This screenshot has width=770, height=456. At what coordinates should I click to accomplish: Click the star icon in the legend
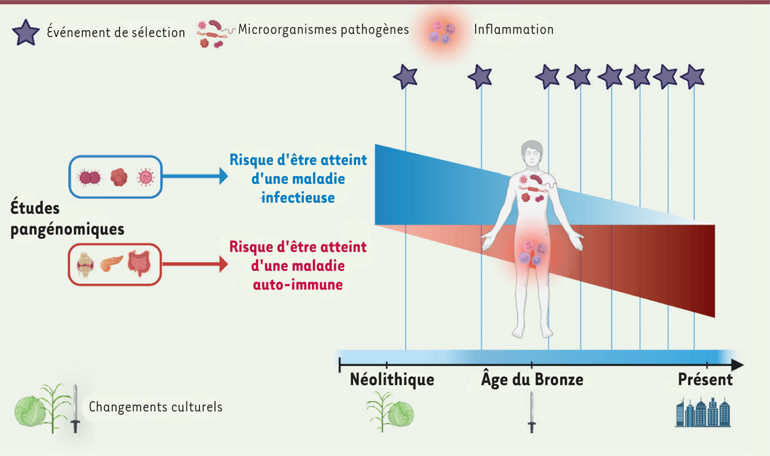26,32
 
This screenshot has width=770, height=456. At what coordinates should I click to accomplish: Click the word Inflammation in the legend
513,30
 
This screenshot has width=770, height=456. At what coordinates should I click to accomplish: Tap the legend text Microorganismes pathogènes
323,30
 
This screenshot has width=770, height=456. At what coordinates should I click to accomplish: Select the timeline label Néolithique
392,380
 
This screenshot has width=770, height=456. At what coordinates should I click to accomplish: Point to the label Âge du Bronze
532,379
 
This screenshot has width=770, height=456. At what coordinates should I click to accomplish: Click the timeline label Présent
705,380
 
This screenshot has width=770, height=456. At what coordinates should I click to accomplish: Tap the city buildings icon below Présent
703,412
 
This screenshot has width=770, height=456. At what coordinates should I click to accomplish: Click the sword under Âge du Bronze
532,412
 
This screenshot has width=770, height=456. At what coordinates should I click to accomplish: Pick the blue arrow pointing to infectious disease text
195,176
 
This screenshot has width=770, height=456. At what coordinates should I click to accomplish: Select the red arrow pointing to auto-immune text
195,265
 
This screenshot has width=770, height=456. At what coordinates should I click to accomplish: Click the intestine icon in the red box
139,263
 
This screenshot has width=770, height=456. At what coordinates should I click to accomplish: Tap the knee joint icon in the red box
85,265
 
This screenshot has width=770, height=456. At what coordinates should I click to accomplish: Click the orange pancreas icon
112,263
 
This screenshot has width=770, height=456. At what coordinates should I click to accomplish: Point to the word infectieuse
298,198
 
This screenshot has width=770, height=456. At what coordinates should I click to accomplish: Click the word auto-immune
298,285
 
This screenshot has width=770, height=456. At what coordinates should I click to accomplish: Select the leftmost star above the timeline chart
406,76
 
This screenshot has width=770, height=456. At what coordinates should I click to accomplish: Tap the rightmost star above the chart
692,76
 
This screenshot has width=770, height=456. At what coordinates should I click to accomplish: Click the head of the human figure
532,154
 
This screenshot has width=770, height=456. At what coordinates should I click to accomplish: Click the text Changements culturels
156,407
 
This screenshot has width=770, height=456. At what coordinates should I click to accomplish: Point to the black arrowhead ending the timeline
737,364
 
